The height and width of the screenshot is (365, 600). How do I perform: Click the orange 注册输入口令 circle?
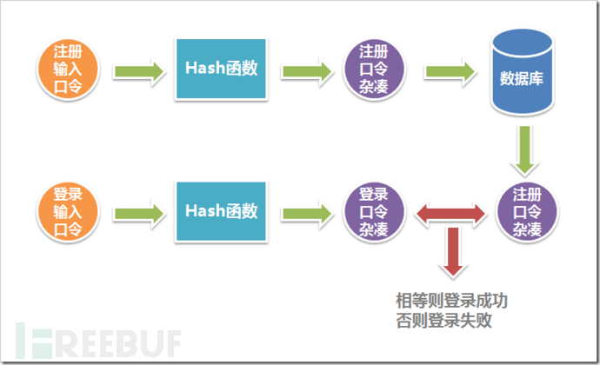pyautogui.click(x=68, y=70)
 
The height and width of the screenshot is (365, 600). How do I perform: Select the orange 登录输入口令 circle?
pyautogui.click(x=68, y=212)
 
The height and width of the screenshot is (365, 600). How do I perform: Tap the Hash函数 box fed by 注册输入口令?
pyautogui.click(x=221, y=69)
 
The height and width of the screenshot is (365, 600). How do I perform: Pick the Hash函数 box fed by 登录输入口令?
pyautogui.click(x=221, y=211)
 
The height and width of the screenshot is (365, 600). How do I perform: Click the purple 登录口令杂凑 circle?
pyautogui.click(x=374, y=212)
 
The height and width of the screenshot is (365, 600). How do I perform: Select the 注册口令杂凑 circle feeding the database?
pyautogui.click(x=374, y=70)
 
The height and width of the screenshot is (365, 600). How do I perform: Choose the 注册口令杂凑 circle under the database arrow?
pyautogui.click(x=527, y=212)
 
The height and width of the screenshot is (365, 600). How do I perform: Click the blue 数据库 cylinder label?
pyautogui.click(x=522, y=78)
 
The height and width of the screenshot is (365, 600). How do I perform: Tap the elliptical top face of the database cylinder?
pyautogui.click(x=523, y=43)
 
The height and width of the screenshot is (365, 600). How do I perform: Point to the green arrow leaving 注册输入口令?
pyautogui.click(x=138, y=71)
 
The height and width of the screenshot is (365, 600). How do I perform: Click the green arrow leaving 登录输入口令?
pyautogui.click(x=138, y=214)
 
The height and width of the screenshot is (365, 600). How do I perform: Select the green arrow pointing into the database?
pyautogui.click(x=450, y=71)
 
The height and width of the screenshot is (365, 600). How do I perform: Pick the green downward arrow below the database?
pyautogui.click(x=524, y=150)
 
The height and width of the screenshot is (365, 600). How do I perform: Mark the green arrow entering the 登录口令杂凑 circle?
pyautogui.click(x=307, y=214)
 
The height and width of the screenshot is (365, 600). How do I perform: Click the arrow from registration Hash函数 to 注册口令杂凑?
pyautogui.click(x=307, y=71)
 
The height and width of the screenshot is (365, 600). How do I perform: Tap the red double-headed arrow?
pyautogui.click(x=451, y=214)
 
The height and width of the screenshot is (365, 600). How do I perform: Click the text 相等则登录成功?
pyautogui.click(x=451, y=301)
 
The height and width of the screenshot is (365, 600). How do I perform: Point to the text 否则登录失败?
pyautogui.click(x=443, y=320)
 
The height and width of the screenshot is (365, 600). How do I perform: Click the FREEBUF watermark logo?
pyautogui.click(x=98, y=342)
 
